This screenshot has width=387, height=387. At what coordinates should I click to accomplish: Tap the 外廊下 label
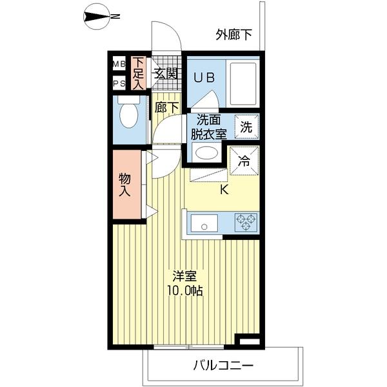(x=233, y=35)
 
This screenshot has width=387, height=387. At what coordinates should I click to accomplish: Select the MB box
(x=119, y=63)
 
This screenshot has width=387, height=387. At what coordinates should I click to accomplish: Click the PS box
(x=119, y=83)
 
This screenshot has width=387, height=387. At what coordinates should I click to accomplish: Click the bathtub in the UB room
(x=244, y=83)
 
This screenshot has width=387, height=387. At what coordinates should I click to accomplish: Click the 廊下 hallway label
(x=166, y=107)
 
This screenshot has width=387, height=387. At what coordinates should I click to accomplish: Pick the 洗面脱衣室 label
(x=208, y=127)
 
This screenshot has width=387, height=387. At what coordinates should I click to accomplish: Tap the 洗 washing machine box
(x=246, y=126)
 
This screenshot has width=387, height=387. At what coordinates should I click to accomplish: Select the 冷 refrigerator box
(x=245, y=161)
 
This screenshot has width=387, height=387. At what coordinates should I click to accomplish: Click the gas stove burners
(x=246, y=223)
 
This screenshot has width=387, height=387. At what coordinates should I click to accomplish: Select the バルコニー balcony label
(x=223, y=366)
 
